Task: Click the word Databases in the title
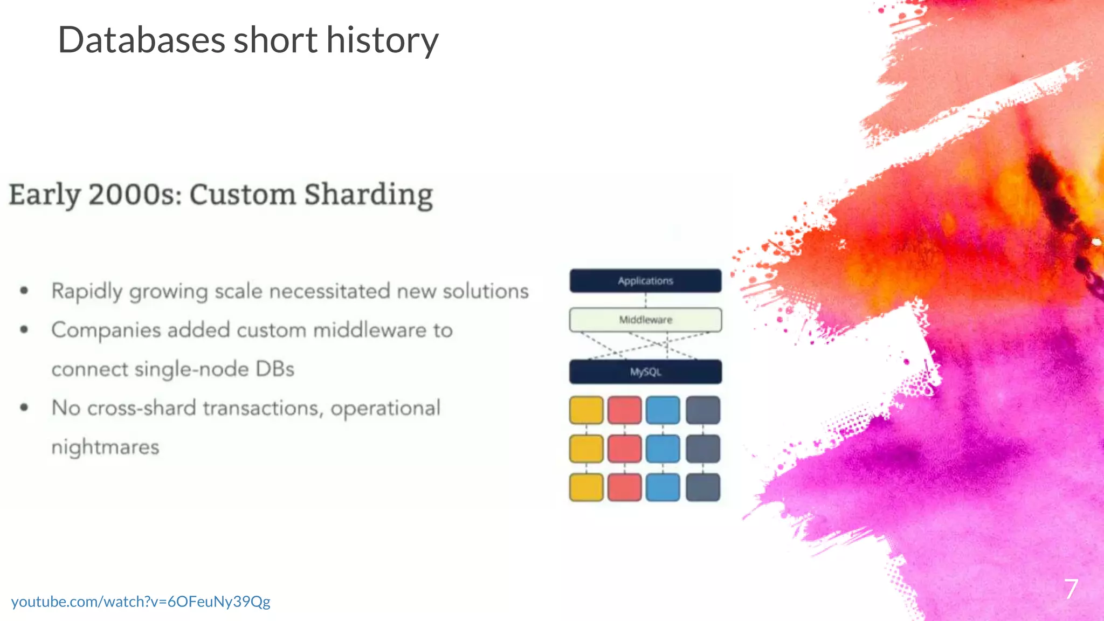tap(141, 40)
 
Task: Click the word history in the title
tap(382, 41)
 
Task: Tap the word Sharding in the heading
tap(368, 195)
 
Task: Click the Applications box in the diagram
tap(645, 281)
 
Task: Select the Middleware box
tap(645, 320)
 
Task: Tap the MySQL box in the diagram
tap(645, 372)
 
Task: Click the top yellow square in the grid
tap(586, 410)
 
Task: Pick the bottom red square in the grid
tap(624, 487)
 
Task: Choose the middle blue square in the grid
tap(663, 448)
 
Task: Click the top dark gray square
tap(703, 410)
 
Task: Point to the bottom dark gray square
tap(703, 487)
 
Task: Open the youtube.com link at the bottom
tap(141, 602)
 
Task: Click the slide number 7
tap(1071, 589)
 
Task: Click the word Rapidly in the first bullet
tap(87, 292)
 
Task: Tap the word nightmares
tap(105, 447)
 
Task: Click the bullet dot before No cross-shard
tap(24, 408)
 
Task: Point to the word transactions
tap(263, 409)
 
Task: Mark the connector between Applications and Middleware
tap(645, 300)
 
